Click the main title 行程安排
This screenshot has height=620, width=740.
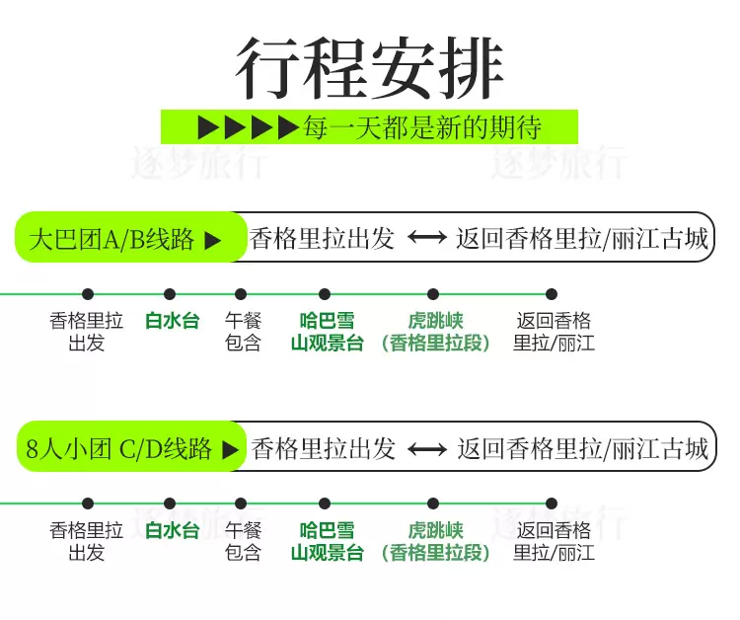pyautogui.click(x=370, y=69)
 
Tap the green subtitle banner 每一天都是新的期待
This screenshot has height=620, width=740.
pyautogui.click(x=369, y=127)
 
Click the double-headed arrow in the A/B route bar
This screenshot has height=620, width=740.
pyautogui.click(x=427, y=239)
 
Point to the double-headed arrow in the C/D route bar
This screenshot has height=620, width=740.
pyautogui.click(x=427, y=449)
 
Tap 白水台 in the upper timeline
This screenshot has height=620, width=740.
pyautogui.click(x=172, y=321)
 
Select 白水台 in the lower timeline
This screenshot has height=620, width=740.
pyautogui.click(x=172, y=530)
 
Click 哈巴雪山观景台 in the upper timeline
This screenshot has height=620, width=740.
pyautogui.click(x=327, y=333)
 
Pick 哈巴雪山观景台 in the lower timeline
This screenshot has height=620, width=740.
pyautogui.click(x=327, y=542)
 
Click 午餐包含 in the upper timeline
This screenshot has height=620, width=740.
pyautogui.click(x=243, y=333)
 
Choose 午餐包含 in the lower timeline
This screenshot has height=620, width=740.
pyautogui.click(x=243, y=542)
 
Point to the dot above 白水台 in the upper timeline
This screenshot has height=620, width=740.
pyautogui.click(x=170, y=294)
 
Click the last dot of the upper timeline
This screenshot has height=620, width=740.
pyautogui.click(x=552, y=294)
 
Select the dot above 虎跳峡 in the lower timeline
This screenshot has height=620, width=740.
pyautogui.click(x=432, y=504)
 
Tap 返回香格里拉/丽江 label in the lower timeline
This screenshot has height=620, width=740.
pyautogui.click(x=554, y=542)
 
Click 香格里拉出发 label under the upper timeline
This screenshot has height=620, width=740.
pyautogui.click(x=87, y=333)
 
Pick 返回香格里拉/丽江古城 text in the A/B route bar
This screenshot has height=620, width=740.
pyautogui.click(x=582, y=239)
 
